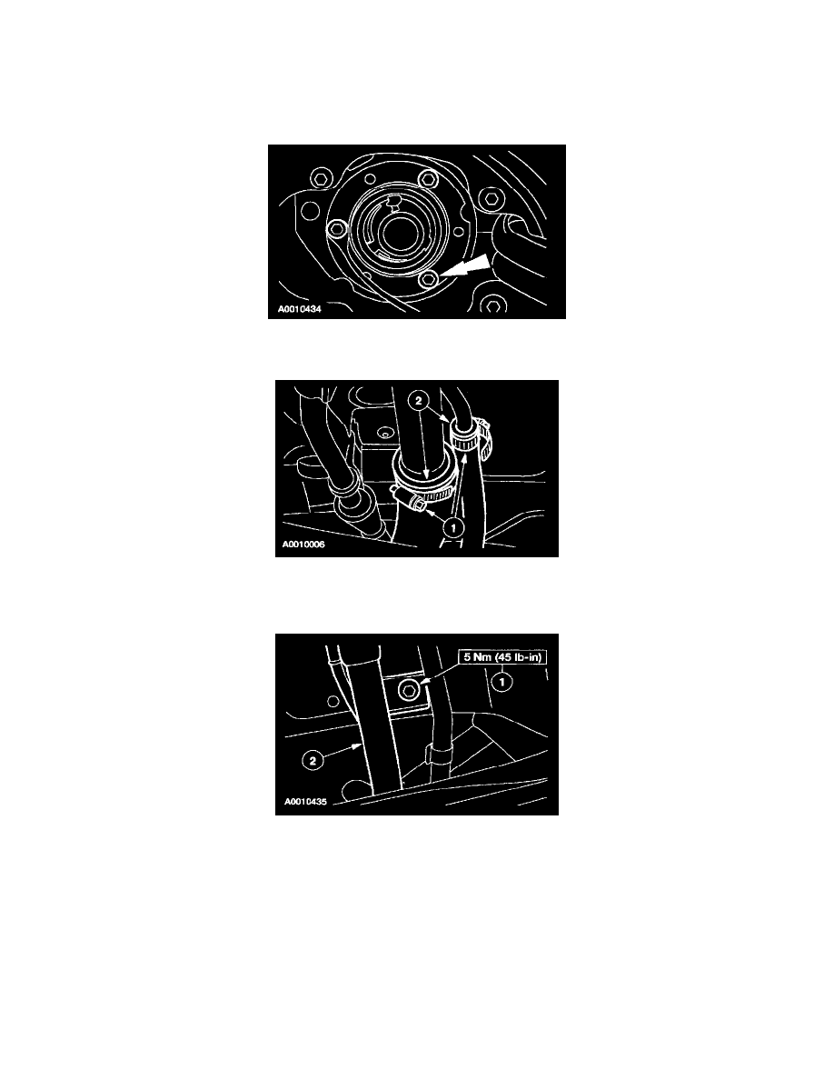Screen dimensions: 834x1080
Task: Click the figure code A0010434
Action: point(299,309)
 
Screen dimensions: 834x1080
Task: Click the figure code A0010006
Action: point(303,545)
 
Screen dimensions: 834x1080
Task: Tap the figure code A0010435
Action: point(305,802)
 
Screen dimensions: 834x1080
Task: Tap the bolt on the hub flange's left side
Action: point(337,229)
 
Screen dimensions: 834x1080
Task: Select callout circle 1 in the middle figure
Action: point(452,527)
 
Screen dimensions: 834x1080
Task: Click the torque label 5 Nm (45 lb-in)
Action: point(502,657)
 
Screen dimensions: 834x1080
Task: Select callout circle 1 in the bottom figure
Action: point(502,682)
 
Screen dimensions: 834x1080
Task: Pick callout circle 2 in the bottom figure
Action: point(313,760)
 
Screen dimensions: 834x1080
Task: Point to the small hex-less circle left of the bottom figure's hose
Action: point(333,701)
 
